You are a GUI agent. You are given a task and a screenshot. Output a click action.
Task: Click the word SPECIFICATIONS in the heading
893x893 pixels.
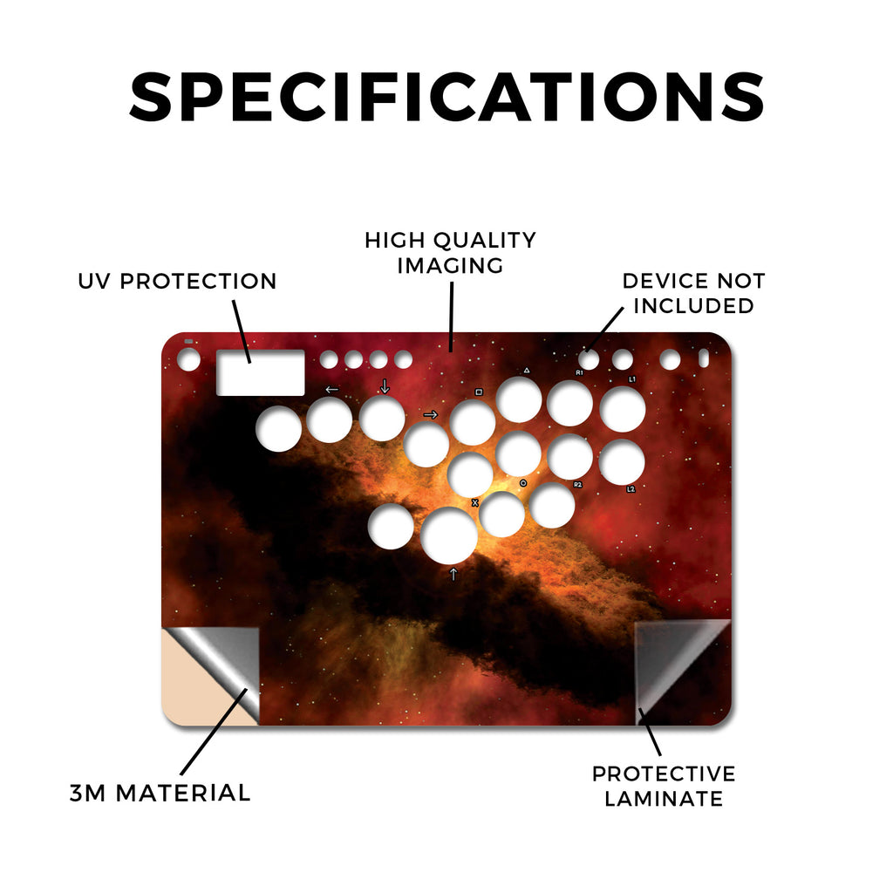pyautogui.click(x=446, y=97)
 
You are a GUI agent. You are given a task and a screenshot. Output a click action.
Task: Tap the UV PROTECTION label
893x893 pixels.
pyautogui.click(x=177, y=281)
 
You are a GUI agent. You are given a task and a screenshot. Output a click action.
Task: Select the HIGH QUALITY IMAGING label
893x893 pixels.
pyautogui.click(x=451, y=253)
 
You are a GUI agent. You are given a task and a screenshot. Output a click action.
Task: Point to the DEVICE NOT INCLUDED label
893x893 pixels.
pyautogui.click(x=693, y=293)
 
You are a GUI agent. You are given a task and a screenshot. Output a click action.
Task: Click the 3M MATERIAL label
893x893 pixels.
pyautogui.click(x=160, y=793)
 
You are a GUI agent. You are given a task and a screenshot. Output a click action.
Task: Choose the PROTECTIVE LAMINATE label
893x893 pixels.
pyautogui.click(x=664, y=786)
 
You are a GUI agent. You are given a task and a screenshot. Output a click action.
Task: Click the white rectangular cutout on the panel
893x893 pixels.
pyautogui.click(x=260, y=372)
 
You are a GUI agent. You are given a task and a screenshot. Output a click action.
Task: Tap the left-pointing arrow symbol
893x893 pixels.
pyautogui.click(x=332, y=390)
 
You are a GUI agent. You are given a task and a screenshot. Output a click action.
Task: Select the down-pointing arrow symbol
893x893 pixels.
pyautogui.click(x=385, y=386)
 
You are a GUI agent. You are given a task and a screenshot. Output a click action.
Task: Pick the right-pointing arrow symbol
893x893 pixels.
pyautogui.click(x=431, y=414)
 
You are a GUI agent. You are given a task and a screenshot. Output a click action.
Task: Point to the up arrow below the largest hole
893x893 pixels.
pyautogui.click(x=453, y=574)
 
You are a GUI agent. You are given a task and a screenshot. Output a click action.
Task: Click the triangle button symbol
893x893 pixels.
pyautogui.click(x=527, y=370)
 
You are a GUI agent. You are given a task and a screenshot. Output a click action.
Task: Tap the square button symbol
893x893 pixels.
pyautogui.click(x=479, y=392)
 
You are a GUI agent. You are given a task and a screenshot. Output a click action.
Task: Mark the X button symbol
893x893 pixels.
pyautogui.click(x=475, y=503)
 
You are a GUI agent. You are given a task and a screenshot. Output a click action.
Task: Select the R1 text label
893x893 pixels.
pyautogui.click(x=579, y=372)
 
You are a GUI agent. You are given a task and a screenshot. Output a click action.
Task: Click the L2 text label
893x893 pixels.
pyautogui.click(x=631, y=489)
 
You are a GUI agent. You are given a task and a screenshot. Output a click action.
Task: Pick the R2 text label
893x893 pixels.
pyautogui.click(x=578, y=485)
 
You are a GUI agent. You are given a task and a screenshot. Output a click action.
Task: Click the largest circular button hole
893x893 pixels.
pyautogui.click(x=449, y=535)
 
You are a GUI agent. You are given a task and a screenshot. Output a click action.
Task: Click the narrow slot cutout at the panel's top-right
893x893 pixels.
pyautogui.click(x=704, y=358)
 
